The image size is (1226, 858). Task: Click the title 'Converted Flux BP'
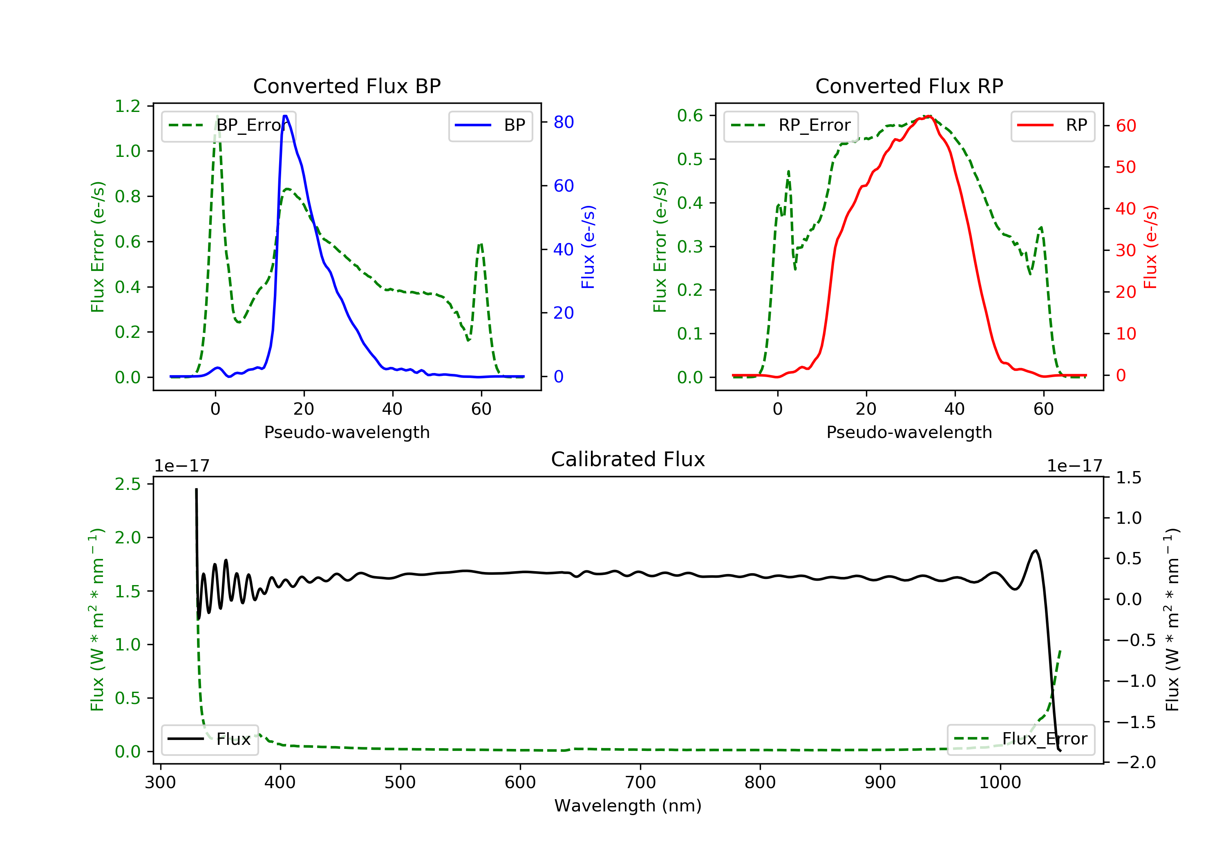point(347,86)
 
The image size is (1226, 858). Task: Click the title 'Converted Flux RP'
point(909,86)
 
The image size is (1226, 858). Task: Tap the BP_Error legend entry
point(228,125)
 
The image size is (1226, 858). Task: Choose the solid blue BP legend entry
point(490,125)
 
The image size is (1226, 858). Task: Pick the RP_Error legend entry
point(791,125)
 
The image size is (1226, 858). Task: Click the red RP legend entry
point(1052,125)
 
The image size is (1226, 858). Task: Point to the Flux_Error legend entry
point(1020,739)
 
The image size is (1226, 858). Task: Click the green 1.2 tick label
point(128,106)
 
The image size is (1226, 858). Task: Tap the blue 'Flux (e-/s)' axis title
point(588,247)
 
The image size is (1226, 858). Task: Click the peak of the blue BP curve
point(286,116)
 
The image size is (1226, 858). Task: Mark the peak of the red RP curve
point(930,116)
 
